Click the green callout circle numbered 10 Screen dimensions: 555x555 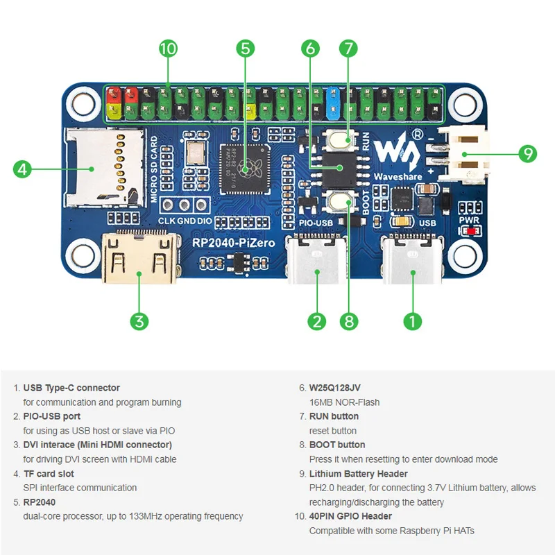(x=168, y=49)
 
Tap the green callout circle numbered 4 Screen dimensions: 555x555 (x=23, y=169)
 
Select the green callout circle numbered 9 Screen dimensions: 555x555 (x=528, y=154)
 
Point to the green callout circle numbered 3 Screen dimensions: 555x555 (x=139, y=321)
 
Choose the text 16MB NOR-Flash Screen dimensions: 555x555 (x=344, y=402)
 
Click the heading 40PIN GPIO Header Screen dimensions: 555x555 (x=350, y=516)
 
